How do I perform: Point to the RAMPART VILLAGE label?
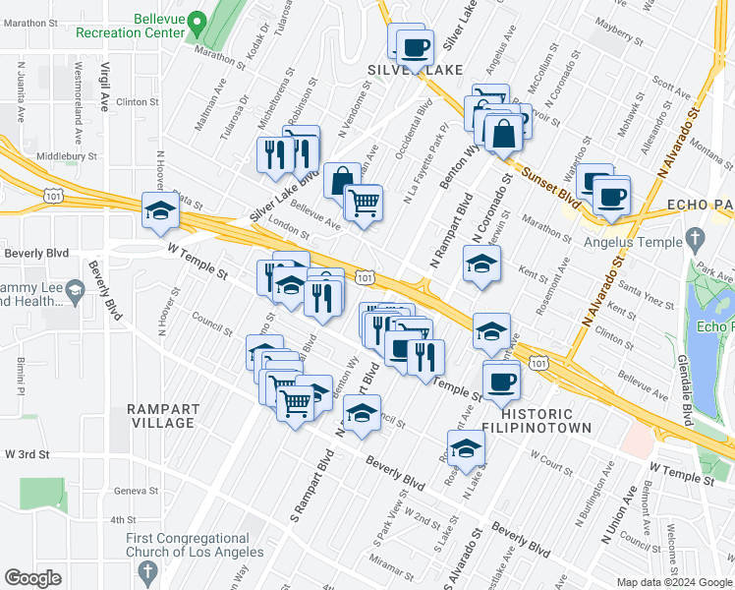tap(161, 415)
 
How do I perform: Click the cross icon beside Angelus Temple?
tap(696, 237)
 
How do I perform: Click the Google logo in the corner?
tap(32, 578)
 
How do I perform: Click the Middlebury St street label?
tap(67, 156)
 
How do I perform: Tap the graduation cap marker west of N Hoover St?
tap(160, 210)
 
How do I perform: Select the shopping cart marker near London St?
tap(364, 204)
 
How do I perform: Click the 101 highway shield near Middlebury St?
tap(55, 197)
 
